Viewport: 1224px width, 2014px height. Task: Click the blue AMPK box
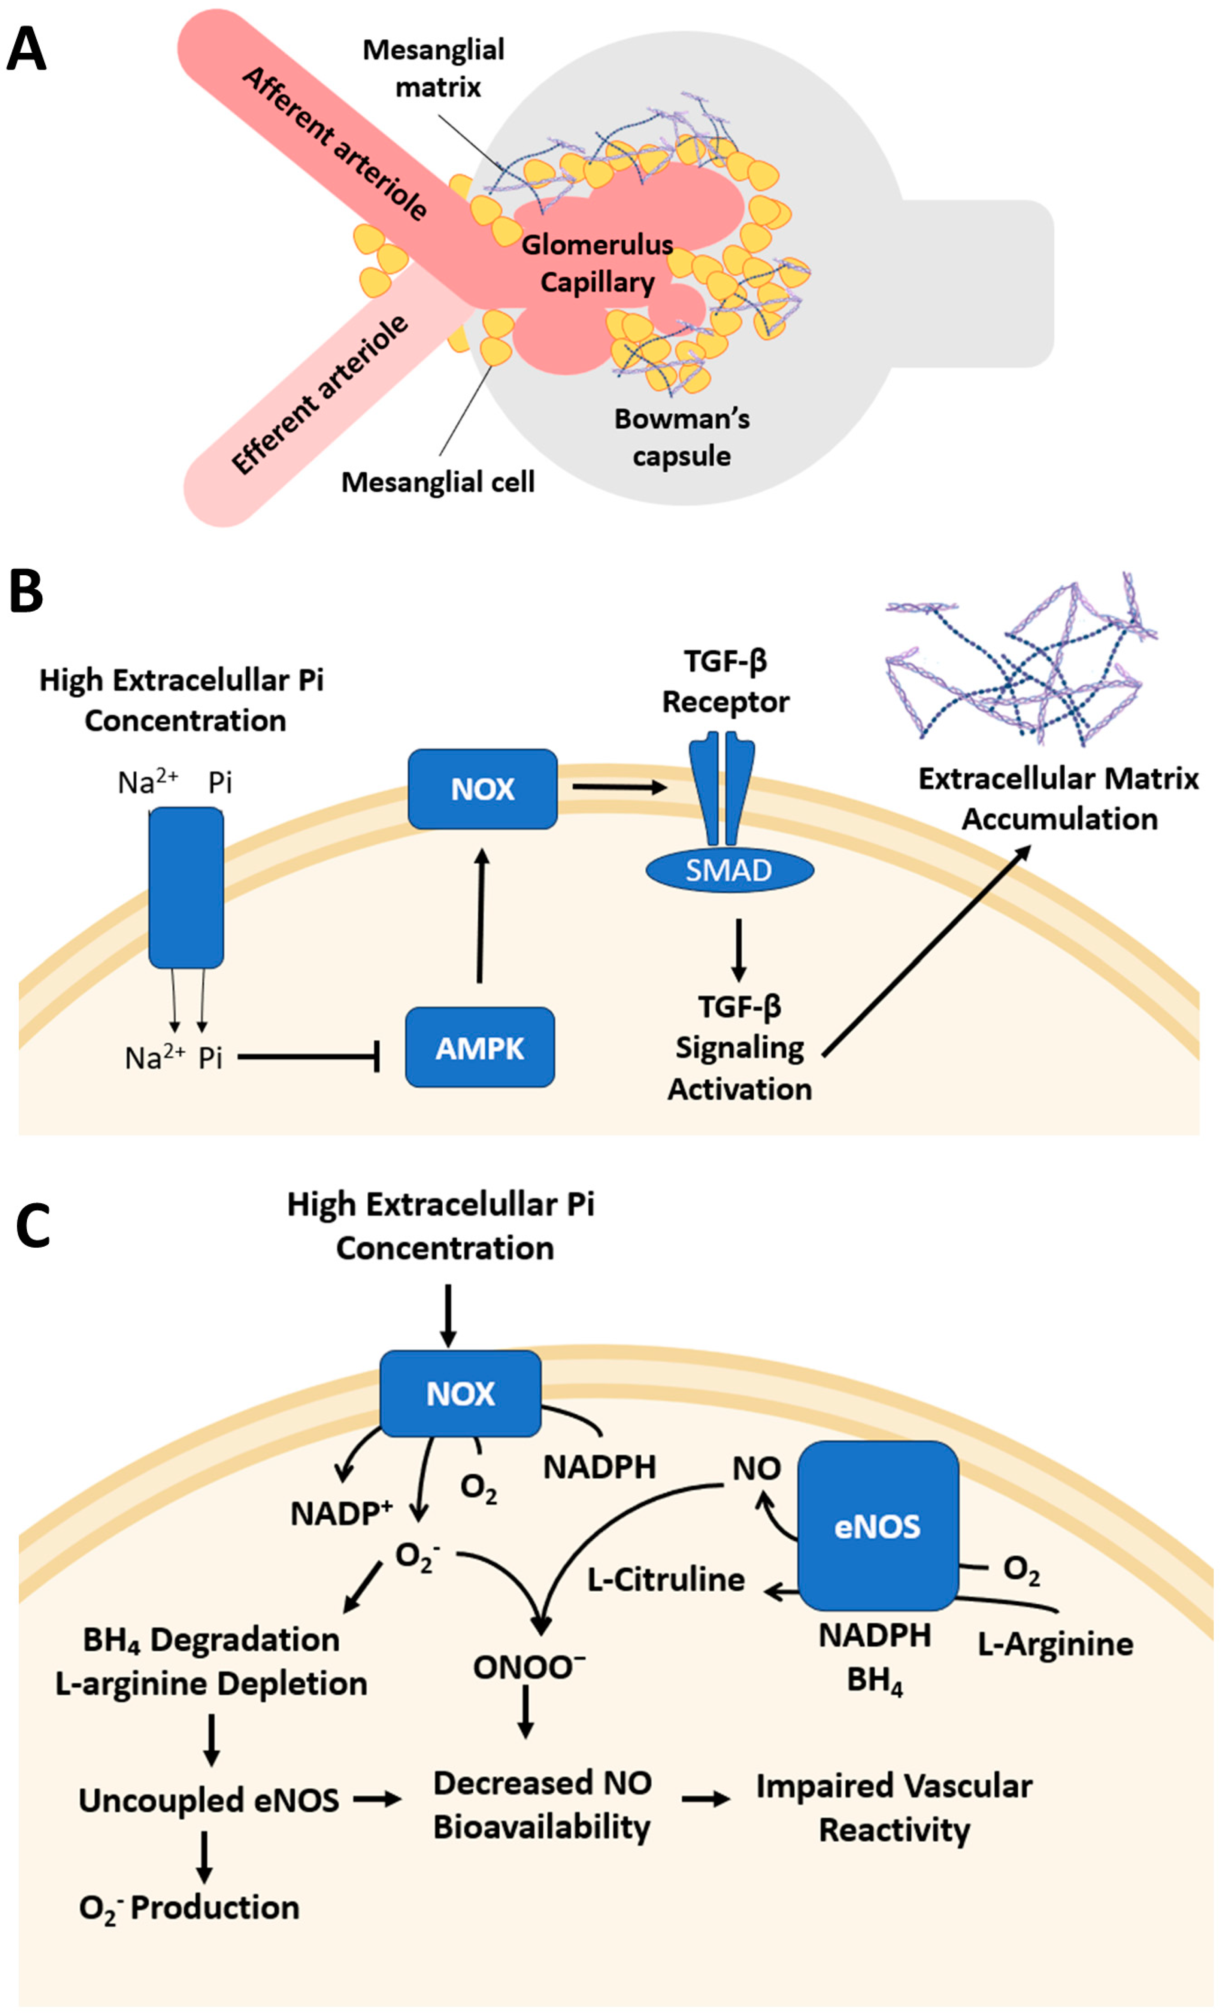click(x=480, y=1047)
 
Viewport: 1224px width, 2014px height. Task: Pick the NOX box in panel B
click(x=482, y=789)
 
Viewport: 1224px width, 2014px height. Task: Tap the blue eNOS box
click(x=877, y=1526)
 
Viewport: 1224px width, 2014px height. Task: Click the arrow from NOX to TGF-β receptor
click(x=619, y=787)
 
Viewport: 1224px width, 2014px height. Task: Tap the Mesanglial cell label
click(x=437, y=482)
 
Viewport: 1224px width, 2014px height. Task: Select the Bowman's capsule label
click(x=682, y=437)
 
